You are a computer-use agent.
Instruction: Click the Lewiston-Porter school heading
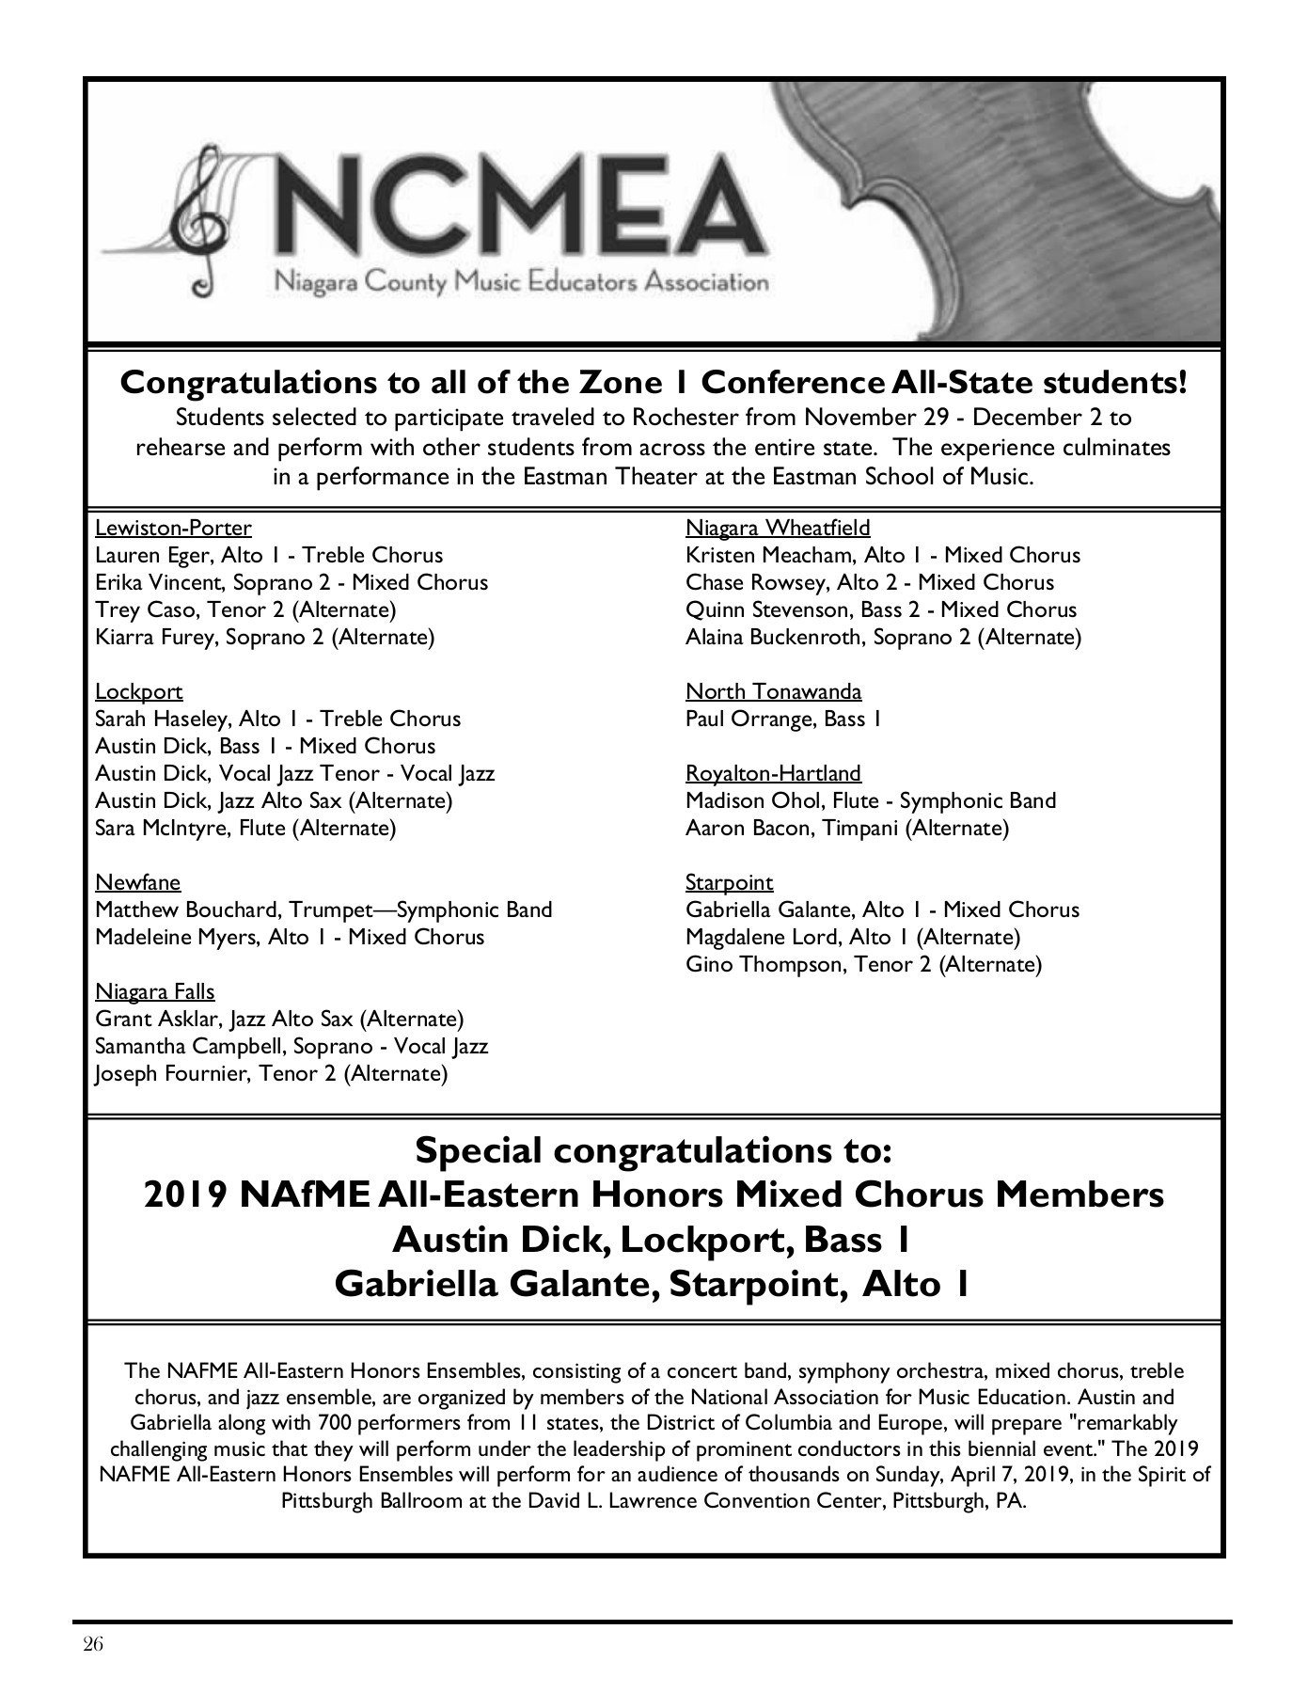click(x=173, y=528)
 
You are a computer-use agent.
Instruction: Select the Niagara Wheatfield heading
click(x=778, y=528)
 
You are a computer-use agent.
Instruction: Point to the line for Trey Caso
click(x=245, y=609)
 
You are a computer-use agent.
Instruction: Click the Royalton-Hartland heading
click(x=773, y=773)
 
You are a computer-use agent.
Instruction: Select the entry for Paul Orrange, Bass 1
click(x=783, y=720)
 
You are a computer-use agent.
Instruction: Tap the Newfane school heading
click(x=138, y=882)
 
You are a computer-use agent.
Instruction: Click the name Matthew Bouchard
click(x=187, y=910)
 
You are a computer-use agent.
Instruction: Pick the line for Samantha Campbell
click(x=292, y=1046)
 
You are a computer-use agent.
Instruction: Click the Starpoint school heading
click(x=729, y=882)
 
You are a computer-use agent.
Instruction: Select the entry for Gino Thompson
click(x=863, y=964)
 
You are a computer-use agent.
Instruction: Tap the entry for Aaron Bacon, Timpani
click(x=846, y=828)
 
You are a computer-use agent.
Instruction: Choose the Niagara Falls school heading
click(x=155, y=991)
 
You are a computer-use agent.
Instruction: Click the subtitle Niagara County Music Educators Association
click(x=520, y=281)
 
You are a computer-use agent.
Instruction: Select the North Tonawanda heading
click(x=773, y=692)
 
